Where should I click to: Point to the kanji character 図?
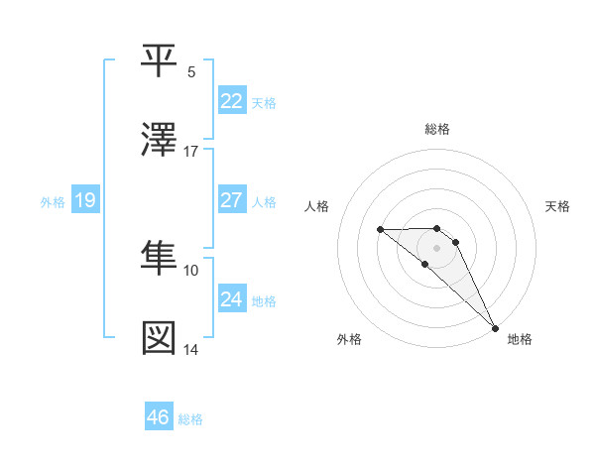click(161, 338)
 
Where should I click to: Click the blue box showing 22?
click(231, 101)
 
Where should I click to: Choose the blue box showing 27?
click(231, 200)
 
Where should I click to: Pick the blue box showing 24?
click(231, 299)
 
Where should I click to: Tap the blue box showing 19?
click(84, 200)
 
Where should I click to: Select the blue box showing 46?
click(158, 417)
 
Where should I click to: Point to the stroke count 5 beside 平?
click(191, 71)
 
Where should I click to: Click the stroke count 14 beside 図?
click(191, 349)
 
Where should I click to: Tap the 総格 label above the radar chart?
click(437, 129)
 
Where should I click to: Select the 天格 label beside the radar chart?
click(557, 206)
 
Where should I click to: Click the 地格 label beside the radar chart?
click(520, 339)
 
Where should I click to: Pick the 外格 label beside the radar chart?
click(349, 339)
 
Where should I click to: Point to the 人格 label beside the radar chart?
click(318, 206)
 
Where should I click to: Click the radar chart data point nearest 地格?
click(494, 327)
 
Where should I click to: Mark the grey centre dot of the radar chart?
click(436, 248)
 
